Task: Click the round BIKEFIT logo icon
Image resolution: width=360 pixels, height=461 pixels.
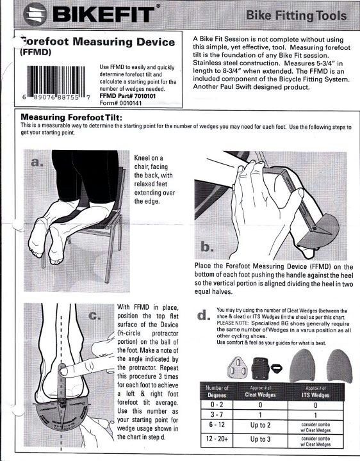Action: pyautogui.click(x=35, y=14)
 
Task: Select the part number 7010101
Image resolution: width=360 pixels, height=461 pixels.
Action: pyautogui.click(x=145, y=96)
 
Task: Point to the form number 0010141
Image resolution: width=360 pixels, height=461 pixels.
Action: pyautogui.click(x=131, y=103)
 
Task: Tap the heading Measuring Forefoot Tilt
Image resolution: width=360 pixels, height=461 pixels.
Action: pyautogui.click(x=71, y=118)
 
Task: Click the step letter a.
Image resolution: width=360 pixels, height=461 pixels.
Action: pyautogui.click(x=37, y=162)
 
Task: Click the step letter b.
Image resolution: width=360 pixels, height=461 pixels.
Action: pyautogui.click(x=207, y=247)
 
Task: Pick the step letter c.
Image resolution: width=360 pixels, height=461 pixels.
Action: pyautogui.click(x=95, y=316)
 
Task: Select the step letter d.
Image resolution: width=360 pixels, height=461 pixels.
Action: pyautogui.click(x=204, y=315)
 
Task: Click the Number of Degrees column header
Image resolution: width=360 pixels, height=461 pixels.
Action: pyautogui.click(x=217, y=392)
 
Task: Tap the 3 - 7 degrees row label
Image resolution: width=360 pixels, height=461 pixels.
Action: pyautogui.click(x=217, y=415)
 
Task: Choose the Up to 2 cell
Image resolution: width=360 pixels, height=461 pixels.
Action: pyautogui.click(x=260, y=425)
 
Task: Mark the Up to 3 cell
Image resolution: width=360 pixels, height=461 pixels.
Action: pyautogui.click(x=260, y=439)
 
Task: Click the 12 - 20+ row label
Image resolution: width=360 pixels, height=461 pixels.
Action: pyautogui.click(x=217, y=439)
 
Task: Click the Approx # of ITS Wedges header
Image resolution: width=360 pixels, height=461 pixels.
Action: pyautogui.click(x=315, y=392)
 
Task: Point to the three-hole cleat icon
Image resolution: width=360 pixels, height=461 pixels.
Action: pyautogui.click(x=239, y=368)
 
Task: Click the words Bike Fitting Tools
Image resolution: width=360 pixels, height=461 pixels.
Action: pyautogui.click(x=296, y=15)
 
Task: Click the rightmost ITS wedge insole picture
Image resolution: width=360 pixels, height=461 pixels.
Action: pyautogui.click(x=339, y=366)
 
